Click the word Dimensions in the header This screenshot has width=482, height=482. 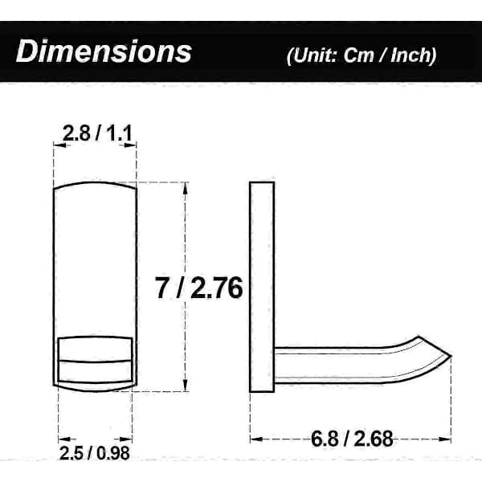click(x=104, y=51)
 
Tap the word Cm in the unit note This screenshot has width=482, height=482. click(x=359, y=55)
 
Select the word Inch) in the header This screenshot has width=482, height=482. click(x=414, y=55)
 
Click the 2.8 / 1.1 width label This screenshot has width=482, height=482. click(x=97, y=133)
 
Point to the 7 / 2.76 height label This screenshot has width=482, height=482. click(x=199, y=288)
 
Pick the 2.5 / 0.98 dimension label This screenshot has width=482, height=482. click(x=95, y=453)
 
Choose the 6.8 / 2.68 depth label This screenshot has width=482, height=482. click(x=352, y=439)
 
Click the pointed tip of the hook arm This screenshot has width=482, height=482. click(x=451, y=356)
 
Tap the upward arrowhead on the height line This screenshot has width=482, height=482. click(x=185, y=188)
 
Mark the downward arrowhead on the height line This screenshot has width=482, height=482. click(x=185, y=386)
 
